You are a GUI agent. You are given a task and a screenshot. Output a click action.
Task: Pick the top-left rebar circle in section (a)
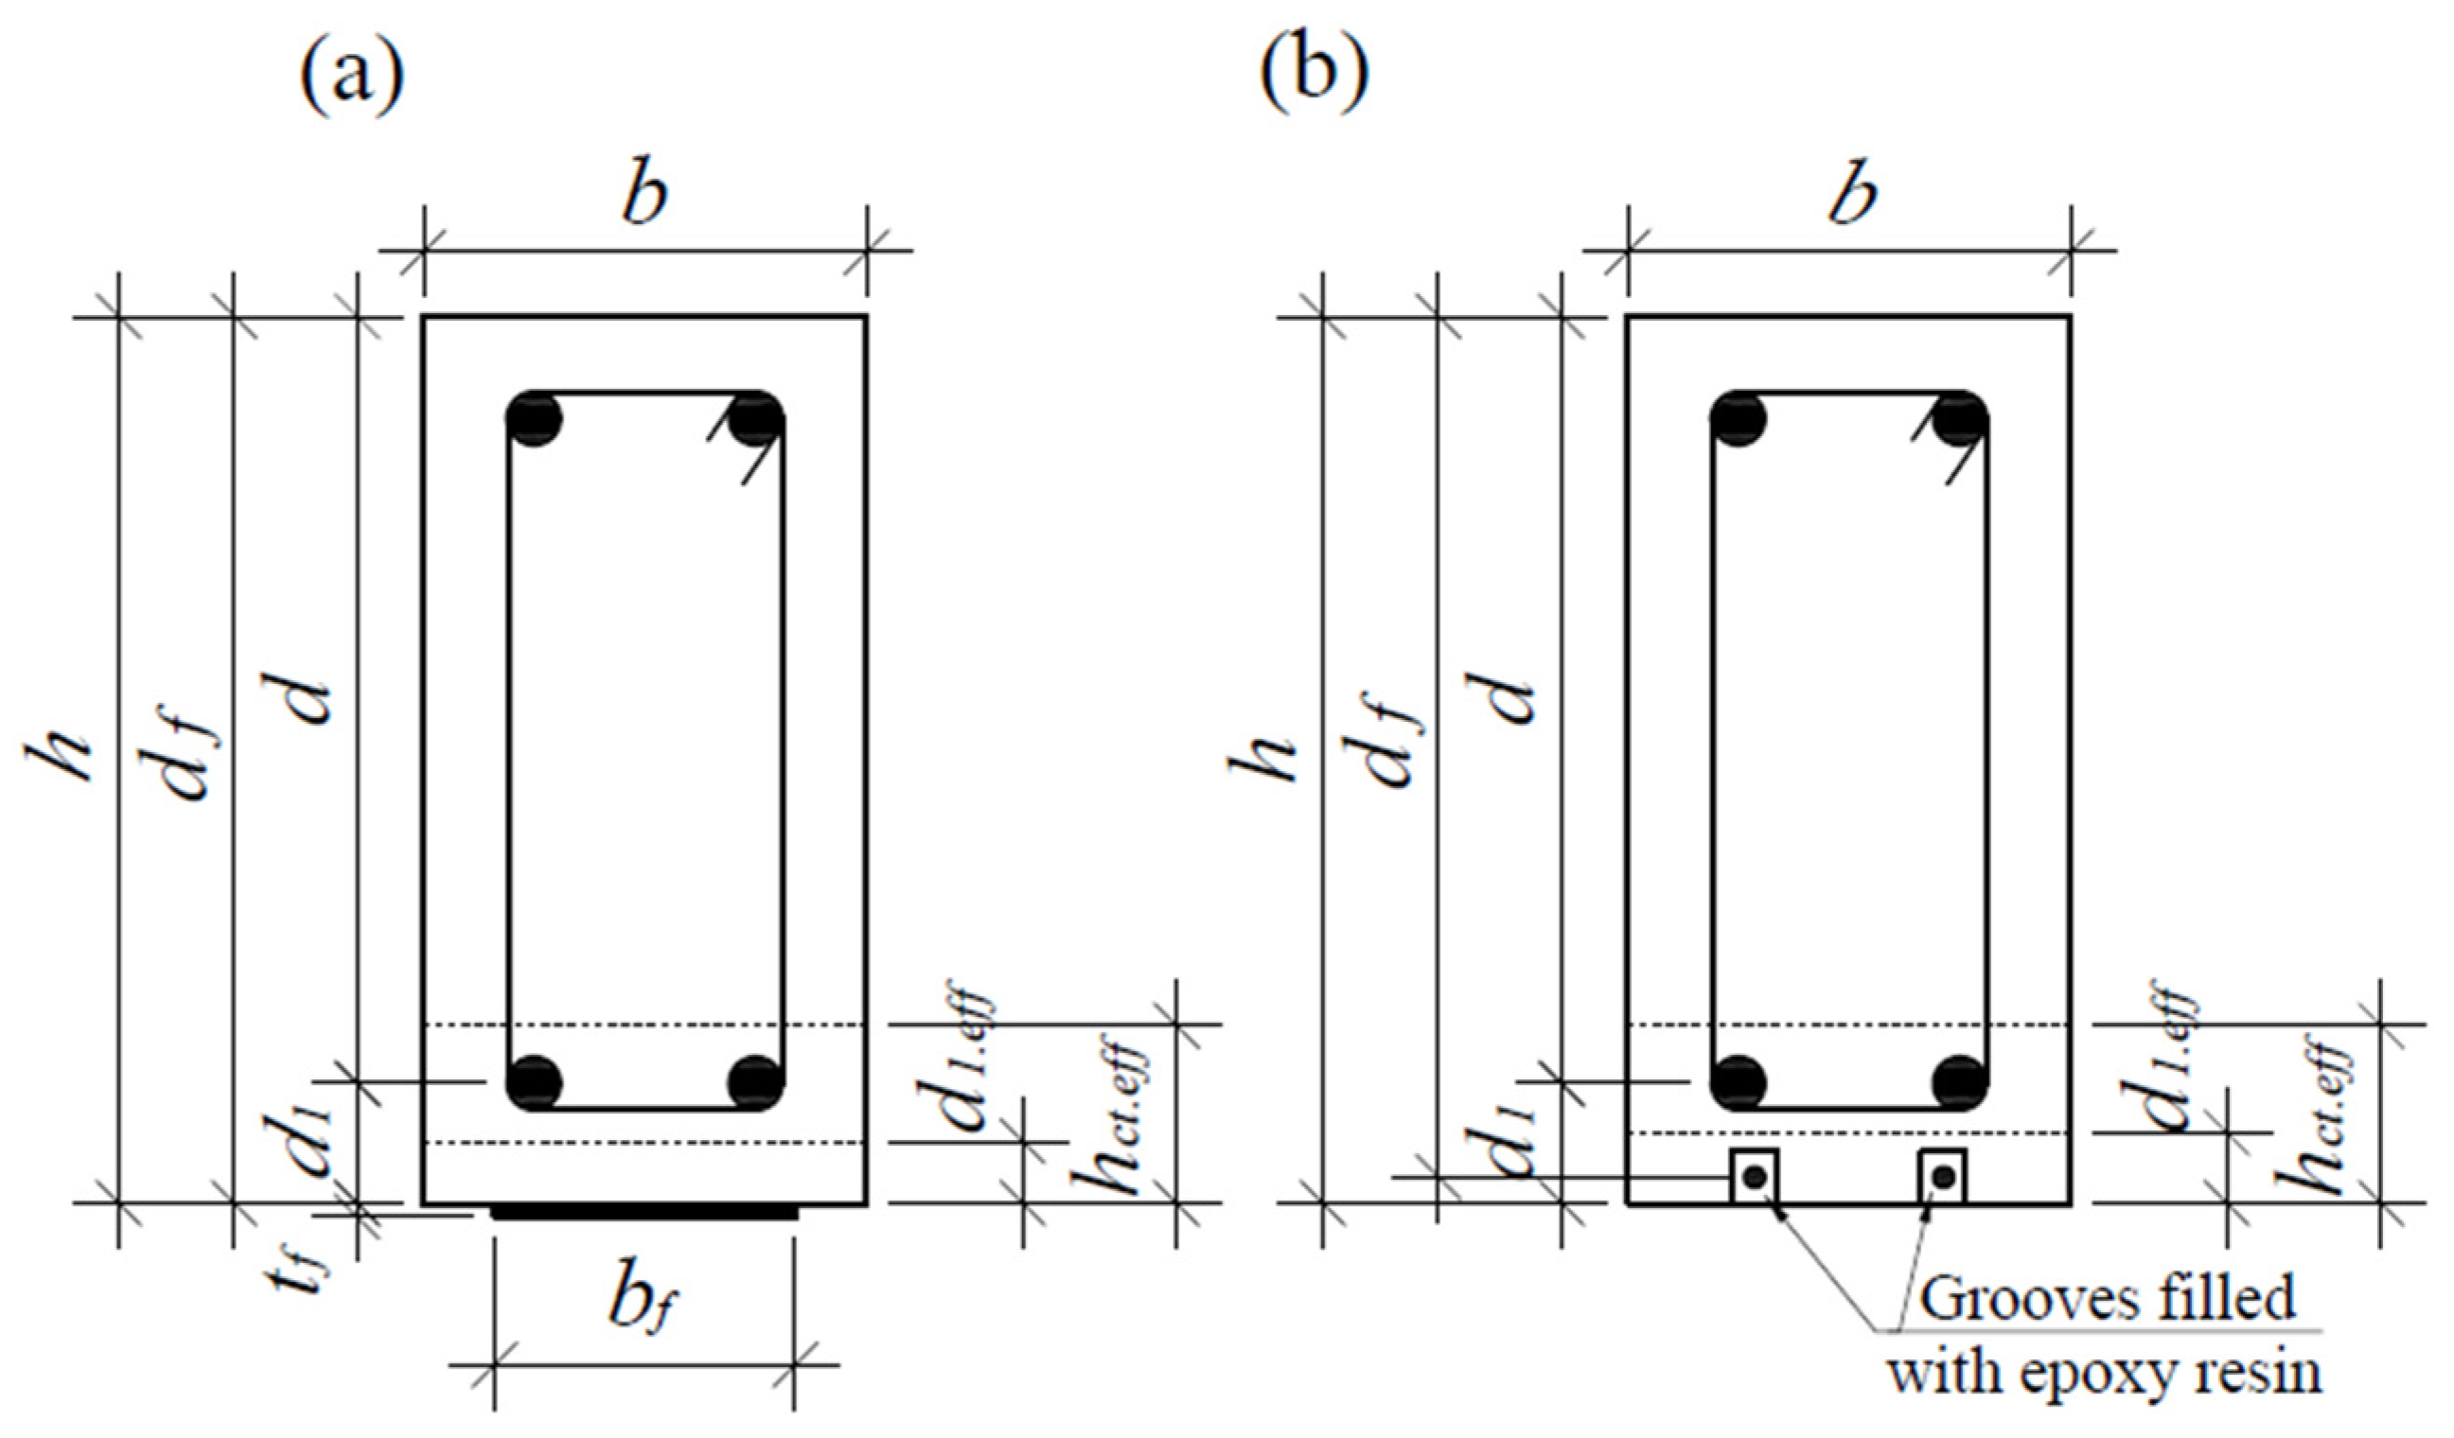534,419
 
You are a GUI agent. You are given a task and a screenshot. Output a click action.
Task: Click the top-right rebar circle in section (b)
1960,419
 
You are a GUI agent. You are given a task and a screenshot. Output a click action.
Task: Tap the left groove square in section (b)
1755,1177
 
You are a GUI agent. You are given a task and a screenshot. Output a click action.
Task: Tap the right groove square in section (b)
1943,1177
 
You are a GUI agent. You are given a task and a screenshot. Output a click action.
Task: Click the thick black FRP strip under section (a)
644,1213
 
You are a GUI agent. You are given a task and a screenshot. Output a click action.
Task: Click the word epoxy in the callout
2109,1375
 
